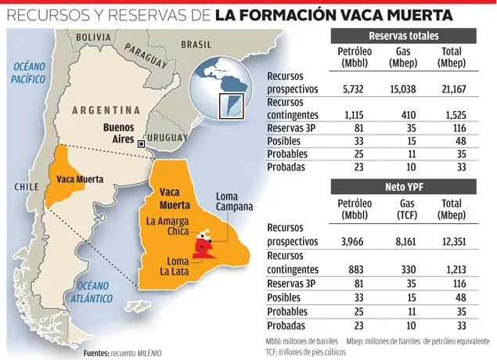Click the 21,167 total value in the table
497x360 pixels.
[457, 89]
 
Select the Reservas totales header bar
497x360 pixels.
[403, 36]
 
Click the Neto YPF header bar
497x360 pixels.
[403, 186]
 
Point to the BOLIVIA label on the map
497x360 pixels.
[94, 37]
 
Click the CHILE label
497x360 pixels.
[27, 187]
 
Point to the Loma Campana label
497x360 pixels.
[234, 200]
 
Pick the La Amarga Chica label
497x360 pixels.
[167, 227]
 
